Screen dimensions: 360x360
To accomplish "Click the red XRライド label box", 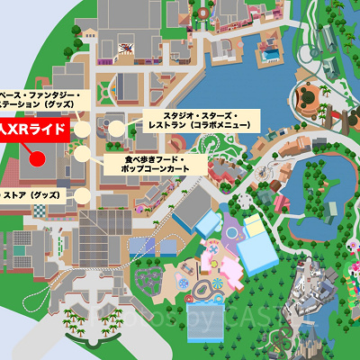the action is click(32, 130).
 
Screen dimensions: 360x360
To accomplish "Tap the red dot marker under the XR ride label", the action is click(38, 159).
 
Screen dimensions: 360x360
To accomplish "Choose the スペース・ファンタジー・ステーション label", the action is click(41, 99).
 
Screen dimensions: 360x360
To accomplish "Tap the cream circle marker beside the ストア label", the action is click(83, 194).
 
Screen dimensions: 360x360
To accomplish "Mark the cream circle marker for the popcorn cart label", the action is click(83, 155).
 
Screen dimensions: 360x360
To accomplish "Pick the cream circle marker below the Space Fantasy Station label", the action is click(83, 130).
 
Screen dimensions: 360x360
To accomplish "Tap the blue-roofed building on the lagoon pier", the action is click(267, 54).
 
